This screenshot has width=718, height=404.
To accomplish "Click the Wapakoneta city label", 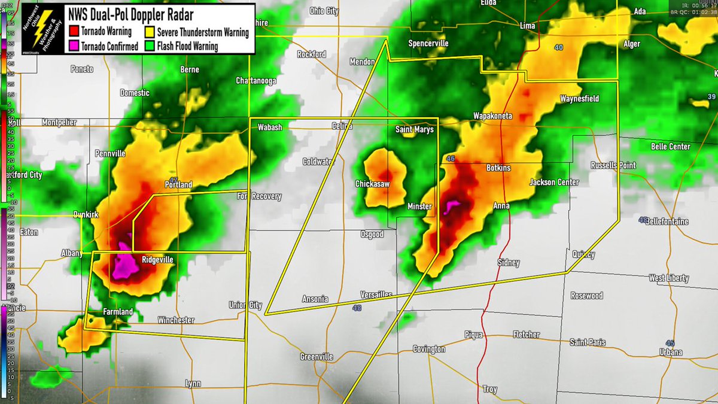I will point(493,116).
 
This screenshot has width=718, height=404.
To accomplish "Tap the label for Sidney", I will point(509,263).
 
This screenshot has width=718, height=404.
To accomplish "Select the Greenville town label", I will point(317,357).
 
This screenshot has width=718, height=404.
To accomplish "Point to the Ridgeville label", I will point(157,260).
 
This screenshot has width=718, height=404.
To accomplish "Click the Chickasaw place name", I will point(372,184).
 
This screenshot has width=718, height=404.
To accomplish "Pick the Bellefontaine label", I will point(667,221).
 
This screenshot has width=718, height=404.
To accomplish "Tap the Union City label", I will point(245,305).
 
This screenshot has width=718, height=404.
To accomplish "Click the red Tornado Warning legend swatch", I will point(74,32).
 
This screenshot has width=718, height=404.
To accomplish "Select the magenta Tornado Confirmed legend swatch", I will point(74,45).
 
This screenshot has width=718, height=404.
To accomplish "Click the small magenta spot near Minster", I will point(453,206).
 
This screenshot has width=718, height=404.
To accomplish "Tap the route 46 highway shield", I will point(451,159).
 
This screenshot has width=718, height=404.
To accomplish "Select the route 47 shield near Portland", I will point(173,180).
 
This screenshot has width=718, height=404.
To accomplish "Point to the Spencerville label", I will point(428,43).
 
